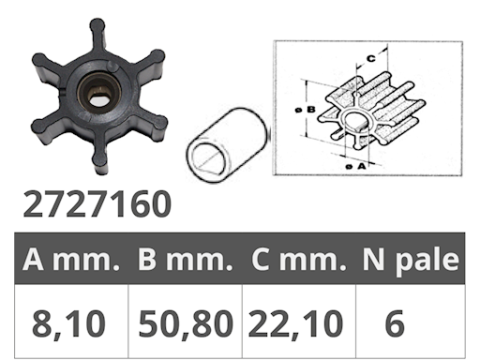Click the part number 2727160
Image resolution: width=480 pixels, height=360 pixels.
point(97,204)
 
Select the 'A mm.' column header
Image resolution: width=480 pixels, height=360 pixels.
point(71,260)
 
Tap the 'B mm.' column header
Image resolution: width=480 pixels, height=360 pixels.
point(186,260)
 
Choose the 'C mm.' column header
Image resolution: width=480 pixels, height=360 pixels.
point(299,260)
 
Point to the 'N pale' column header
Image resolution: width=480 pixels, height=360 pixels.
point(411,261)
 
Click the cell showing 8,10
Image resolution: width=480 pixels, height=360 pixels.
point(68,323)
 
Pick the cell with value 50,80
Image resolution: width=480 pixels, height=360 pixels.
point(186,323)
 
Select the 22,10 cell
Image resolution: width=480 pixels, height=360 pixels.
point(295,323)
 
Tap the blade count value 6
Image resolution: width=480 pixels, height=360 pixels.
point(395,323)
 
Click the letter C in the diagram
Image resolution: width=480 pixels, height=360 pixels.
point(370,58)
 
